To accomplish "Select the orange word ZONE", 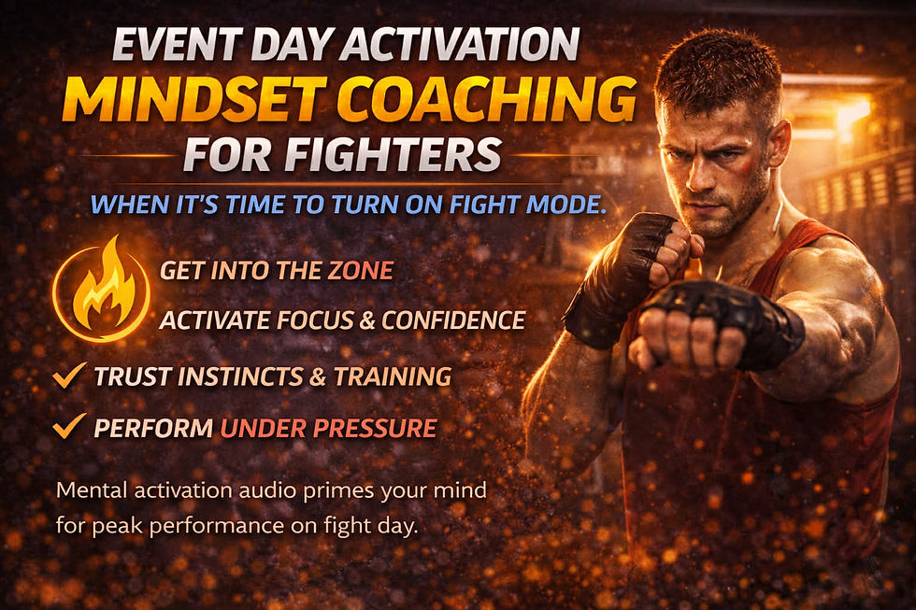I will pos(360,272).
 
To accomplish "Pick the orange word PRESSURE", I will pos(373,429).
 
